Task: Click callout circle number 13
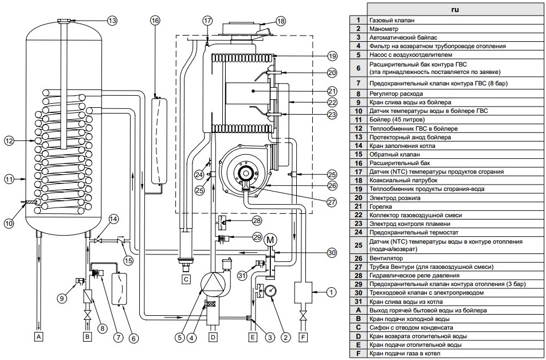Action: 112,21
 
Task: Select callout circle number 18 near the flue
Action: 280,21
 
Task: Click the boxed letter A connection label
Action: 39,336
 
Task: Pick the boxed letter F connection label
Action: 303,336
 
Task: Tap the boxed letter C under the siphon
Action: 185,280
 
